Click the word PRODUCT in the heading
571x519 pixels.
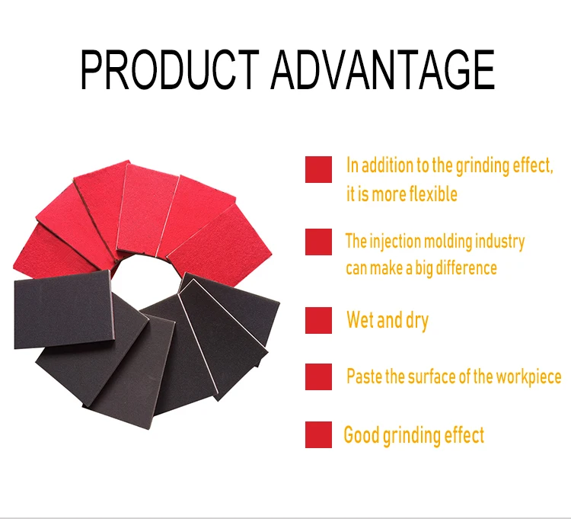170,69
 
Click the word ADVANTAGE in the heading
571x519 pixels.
382,69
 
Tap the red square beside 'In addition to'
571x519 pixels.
319,169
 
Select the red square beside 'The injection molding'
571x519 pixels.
319,242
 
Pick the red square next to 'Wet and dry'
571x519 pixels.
319,320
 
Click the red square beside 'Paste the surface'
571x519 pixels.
319,376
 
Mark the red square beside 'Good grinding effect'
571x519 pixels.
319,434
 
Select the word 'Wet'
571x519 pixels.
360,319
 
